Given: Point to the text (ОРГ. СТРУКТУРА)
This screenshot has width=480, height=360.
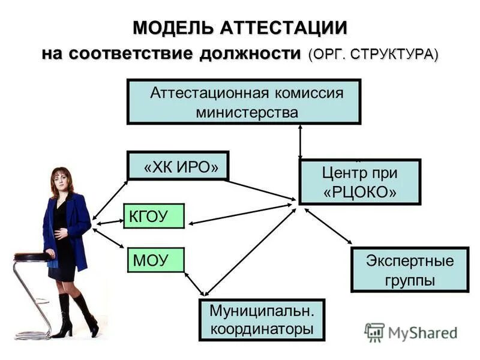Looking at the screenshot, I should point(373,53).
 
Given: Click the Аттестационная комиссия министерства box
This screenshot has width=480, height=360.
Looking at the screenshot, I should point(244,102).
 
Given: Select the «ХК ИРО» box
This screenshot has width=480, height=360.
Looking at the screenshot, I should point(178,166).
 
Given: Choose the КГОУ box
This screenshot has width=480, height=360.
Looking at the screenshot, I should point(154,216).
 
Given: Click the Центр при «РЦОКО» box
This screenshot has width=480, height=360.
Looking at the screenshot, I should point(359,182).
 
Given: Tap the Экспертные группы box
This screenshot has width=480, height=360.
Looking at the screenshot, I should point(410,269).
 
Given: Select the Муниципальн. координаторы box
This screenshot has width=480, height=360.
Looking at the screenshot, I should point(262,320).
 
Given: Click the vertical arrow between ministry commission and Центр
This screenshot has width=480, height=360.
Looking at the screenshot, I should point(300,142).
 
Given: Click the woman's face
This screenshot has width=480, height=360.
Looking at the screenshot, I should point(62,180).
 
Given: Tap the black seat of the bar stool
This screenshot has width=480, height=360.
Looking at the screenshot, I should point(32,257).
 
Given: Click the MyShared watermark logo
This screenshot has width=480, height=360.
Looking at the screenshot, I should point(410,332).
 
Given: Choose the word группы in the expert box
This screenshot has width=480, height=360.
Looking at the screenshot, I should point(410,279).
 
